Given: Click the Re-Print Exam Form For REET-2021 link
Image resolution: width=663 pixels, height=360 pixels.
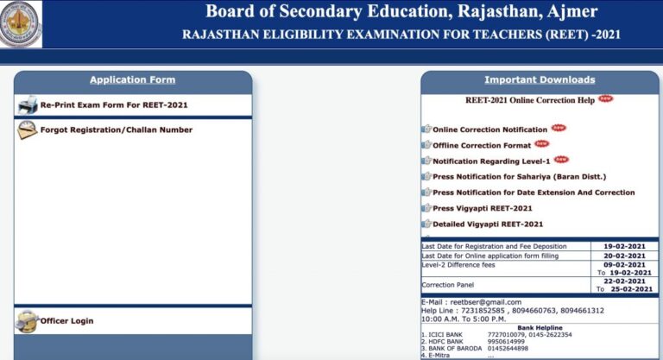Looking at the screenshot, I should tap(114, 105).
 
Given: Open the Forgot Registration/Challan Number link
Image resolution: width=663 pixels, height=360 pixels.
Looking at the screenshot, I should tap(117, 130).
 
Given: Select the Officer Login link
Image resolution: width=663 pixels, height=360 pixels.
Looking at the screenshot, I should tap(66, 321).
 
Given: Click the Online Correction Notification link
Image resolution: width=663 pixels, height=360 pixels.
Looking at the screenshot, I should tap(490, 129).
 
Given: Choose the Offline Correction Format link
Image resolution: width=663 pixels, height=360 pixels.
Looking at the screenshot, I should tap(482, 146).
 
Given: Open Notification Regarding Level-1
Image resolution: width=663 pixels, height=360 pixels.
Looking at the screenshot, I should tap(491, 161).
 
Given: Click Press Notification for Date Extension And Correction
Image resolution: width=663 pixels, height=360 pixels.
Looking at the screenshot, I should tap(534, 193).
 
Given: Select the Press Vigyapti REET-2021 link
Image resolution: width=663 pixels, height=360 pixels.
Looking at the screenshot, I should tap(483, 208).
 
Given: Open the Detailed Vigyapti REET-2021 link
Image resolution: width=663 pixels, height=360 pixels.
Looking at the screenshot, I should tap(488, 224).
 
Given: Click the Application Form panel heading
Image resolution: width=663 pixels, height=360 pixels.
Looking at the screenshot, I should tap(132, 80).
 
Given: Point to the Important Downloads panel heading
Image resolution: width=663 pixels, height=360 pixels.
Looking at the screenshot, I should tap(540, 80).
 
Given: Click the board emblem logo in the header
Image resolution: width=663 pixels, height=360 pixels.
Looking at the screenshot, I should tap(21, 24).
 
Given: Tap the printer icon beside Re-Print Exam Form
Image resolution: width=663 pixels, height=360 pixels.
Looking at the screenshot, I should tap(28, 105).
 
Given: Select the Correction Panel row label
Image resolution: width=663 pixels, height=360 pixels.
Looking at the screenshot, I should tap(448, 285).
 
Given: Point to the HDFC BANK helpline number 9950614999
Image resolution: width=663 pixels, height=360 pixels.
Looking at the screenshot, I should tap(506, 341).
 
